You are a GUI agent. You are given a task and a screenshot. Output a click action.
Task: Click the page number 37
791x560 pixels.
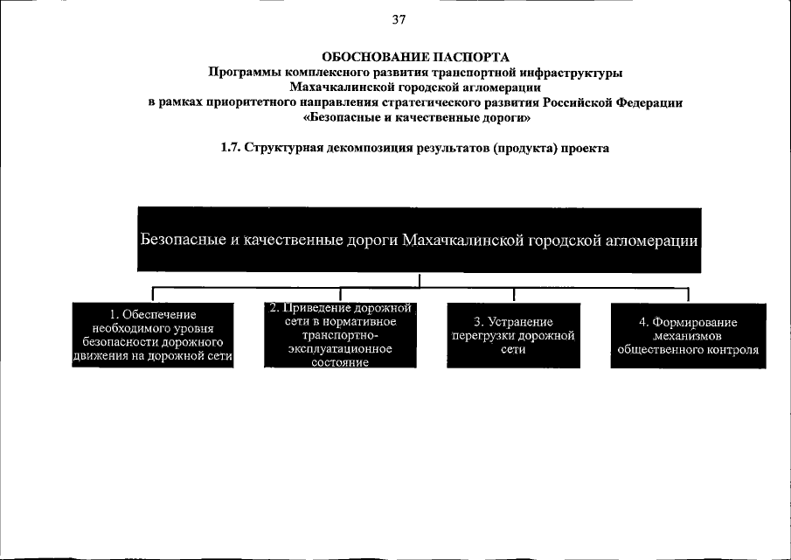pos(399,19)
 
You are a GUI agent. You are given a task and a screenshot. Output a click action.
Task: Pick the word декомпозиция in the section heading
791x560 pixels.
pos(357,149)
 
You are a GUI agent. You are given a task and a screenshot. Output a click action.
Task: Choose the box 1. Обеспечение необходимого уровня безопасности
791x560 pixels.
pos(154,335)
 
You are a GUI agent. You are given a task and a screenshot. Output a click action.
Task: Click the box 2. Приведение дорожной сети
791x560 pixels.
pos(339,335)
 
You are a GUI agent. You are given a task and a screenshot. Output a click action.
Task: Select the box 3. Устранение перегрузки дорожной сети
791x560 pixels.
pos(513,334)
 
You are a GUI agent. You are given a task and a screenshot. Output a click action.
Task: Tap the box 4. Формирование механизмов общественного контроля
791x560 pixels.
pos(688,335)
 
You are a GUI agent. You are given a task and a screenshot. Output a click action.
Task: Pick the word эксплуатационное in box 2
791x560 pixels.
pos(340,349)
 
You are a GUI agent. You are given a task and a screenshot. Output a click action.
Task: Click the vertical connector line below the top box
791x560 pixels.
pos(420,280)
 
